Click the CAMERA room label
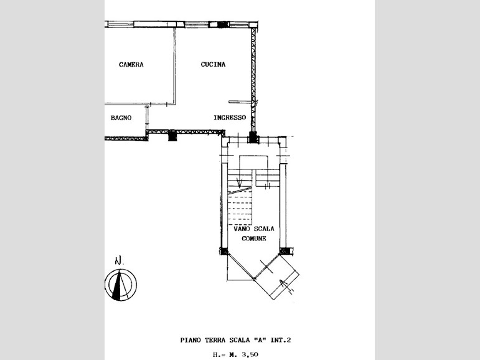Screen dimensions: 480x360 pos(131,64)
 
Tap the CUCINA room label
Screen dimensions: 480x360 pos(213,64)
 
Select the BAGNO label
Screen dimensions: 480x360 pos(121,118)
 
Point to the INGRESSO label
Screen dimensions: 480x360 pos(230,117)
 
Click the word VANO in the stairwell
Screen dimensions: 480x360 pos(242,229)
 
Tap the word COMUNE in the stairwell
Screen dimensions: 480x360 pos(254,239)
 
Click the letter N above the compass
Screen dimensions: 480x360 pos(118,260)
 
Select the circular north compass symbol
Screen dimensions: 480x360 pos(121,285)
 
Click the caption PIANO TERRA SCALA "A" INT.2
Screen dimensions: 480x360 pos(235,340)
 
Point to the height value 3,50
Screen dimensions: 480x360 pos(250,354)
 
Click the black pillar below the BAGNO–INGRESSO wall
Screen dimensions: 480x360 pos(172,135)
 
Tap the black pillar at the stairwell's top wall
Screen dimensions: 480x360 pos(253,137)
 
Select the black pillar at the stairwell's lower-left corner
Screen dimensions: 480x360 pos(224,251)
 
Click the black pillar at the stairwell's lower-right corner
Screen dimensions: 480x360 pos(285,251)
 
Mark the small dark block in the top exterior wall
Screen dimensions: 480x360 pos(223,24)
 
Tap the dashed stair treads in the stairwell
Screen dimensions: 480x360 pos(240,207)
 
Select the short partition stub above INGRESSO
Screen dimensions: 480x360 pos(240,102)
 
